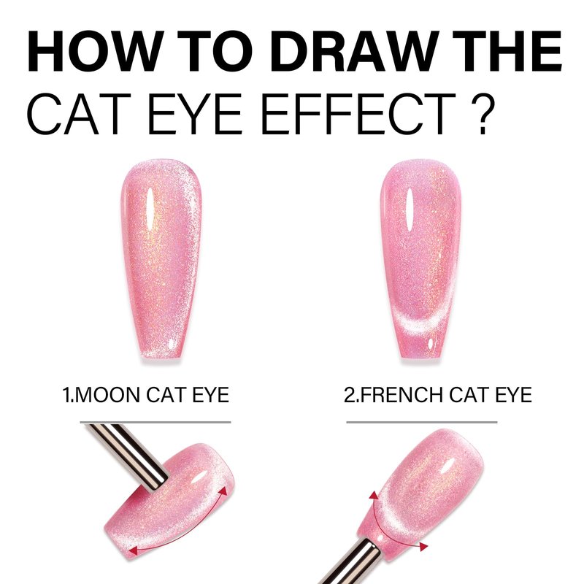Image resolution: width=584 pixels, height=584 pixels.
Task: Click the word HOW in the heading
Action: click(96, 51)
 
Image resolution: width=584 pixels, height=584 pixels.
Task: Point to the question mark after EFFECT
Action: click(483, 114)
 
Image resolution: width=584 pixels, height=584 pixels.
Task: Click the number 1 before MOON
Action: click(66, 395)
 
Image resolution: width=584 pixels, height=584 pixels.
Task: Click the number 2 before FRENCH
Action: click(350, 395)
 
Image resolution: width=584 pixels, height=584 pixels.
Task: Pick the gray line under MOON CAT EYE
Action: click(155, 423)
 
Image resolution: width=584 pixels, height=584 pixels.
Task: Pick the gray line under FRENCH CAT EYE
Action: click(422, 423)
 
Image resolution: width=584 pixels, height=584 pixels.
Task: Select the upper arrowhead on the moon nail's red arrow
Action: click(223, 491)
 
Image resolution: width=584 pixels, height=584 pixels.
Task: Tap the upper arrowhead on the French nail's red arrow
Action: click(374, 496)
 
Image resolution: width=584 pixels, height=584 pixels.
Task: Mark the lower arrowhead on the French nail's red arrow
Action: click(423, 546)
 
